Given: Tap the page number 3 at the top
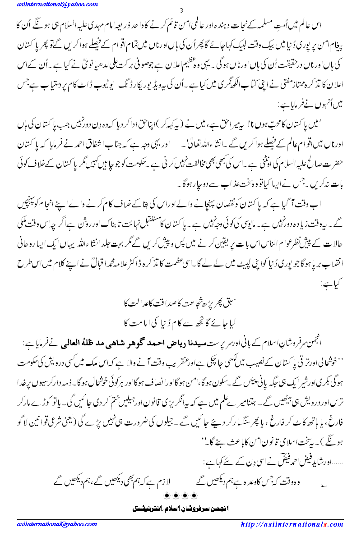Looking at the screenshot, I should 181,11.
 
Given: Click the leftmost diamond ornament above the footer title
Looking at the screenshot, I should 168,496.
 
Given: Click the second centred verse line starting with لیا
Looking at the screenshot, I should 180,323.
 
